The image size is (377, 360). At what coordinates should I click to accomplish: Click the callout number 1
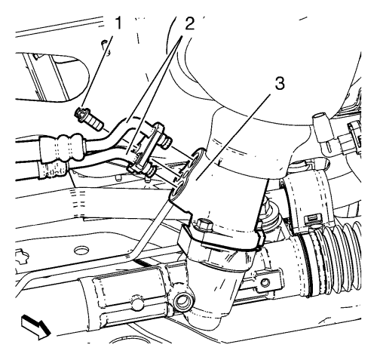point(117,23)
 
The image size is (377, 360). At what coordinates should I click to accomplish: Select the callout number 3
point(279,83)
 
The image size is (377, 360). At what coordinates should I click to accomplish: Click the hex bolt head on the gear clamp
point(203,224)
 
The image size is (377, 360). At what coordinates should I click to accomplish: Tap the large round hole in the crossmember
point(81,251)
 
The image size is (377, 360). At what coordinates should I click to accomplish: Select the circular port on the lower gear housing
point(183,300)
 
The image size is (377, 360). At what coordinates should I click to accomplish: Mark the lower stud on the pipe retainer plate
point(150,171)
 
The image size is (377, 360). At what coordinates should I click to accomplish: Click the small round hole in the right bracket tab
point(265,282)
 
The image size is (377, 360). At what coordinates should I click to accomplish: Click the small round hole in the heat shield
point(136,303)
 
